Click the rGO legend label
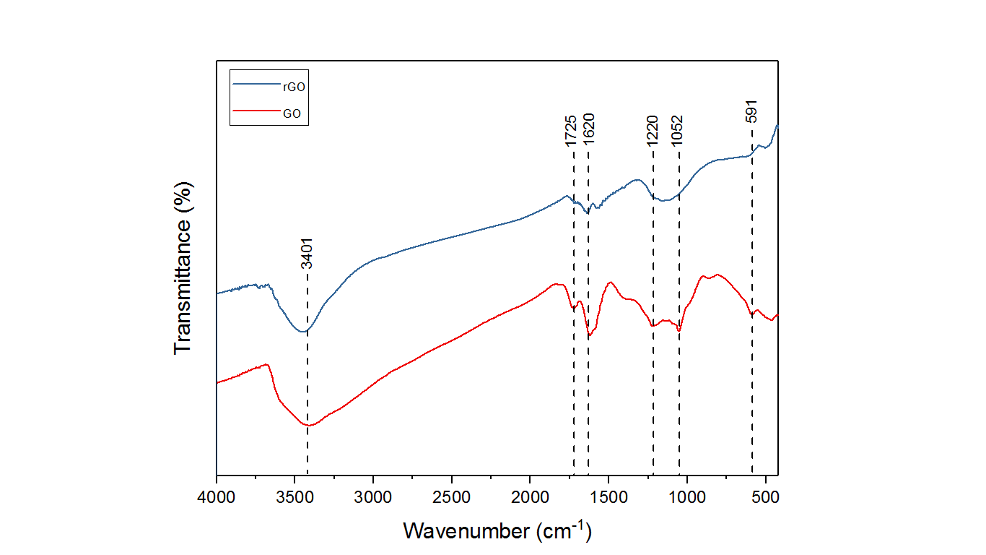294,85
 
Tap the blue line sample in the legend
257,85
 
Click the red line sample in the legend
257,113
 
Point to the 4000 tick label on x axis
217,498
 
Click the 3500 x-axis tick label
295,498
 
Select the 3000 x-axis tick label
373,498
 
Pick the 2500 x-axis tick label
451,498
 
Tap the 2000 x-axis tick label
530,498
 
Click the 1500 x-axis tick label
608,498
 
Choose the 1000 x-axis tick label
686,498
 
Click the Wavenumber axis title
497,531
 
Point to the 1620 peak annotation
589,131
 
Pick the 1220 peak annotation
652,131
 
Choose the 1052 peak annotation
677,131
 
